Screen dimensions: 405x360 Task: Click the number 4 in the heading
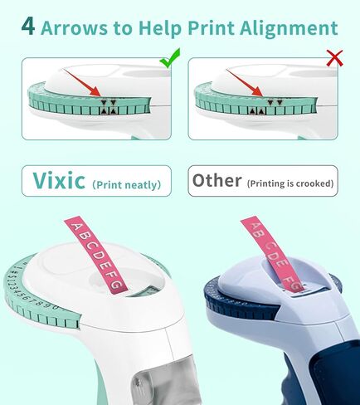point(27,27)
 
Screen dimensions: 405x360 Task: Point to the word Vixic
point(59,180)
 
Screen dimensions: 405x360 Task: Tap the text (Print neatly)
point(126,184)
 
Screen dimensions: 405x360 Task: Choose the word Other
point(217,180)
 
